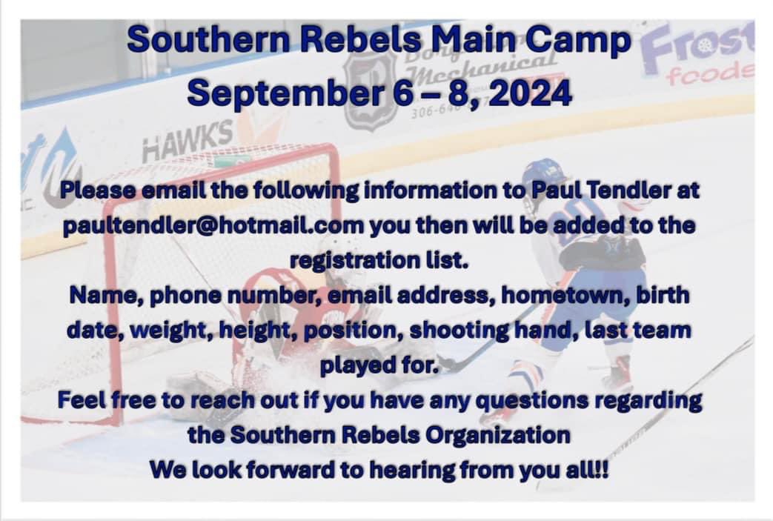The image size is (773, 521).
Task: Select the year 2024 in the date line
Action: click(530, 93)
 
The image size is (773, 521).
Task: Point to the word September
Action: click(287, 93)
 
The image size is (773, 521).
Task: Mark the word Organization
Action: click(502, 434)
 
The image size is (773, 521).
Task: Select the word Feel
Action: click(83, 400)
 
